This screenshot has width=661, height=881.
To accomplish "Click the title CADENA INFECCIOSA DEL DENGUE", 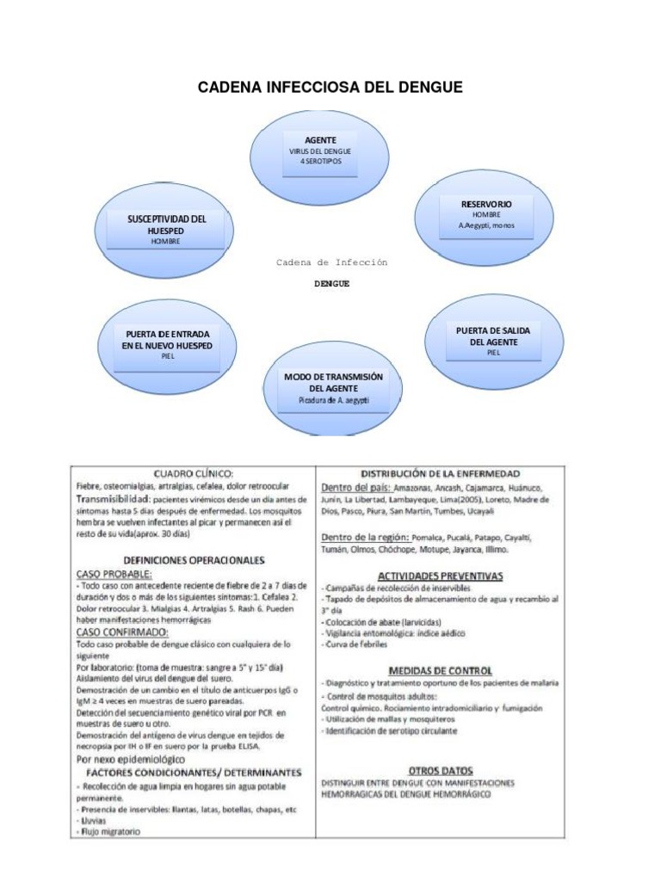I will point(330,88).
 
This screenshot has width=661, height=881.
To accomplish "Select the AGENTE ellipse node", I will point(320,151).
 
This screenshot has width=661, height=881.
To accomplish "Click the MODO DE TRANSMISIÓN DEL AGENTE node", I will point(332,388).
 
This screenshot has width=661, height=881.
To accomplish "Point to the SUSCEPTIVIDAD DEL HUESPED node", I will point(166,231).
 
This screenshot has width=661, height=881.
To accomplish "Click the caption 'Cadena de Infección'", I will point(332,262).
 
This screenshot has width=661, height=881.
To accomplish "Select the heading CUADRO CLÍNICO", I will point(193,473).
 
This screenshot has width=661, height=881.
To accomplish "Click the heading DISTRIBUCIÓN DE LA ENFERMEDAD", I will point(439,474).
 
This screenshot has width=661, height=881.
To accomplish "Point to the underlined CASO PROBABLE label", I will point(114,573).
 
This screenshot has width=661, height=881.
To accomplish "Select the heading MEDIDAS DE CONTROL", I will point(441,670).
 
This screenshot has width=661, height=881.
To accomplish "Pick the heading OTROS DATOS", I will point(441,771).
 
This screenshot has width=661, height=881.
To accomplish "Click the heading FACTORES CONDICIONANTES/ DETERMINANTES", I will point(193,773).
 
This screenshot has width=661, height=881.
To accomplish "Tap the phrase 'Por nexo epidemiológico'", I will point(130,760).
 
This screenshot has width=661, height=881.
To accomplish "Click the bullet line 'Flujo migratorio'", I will point(110,831).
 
